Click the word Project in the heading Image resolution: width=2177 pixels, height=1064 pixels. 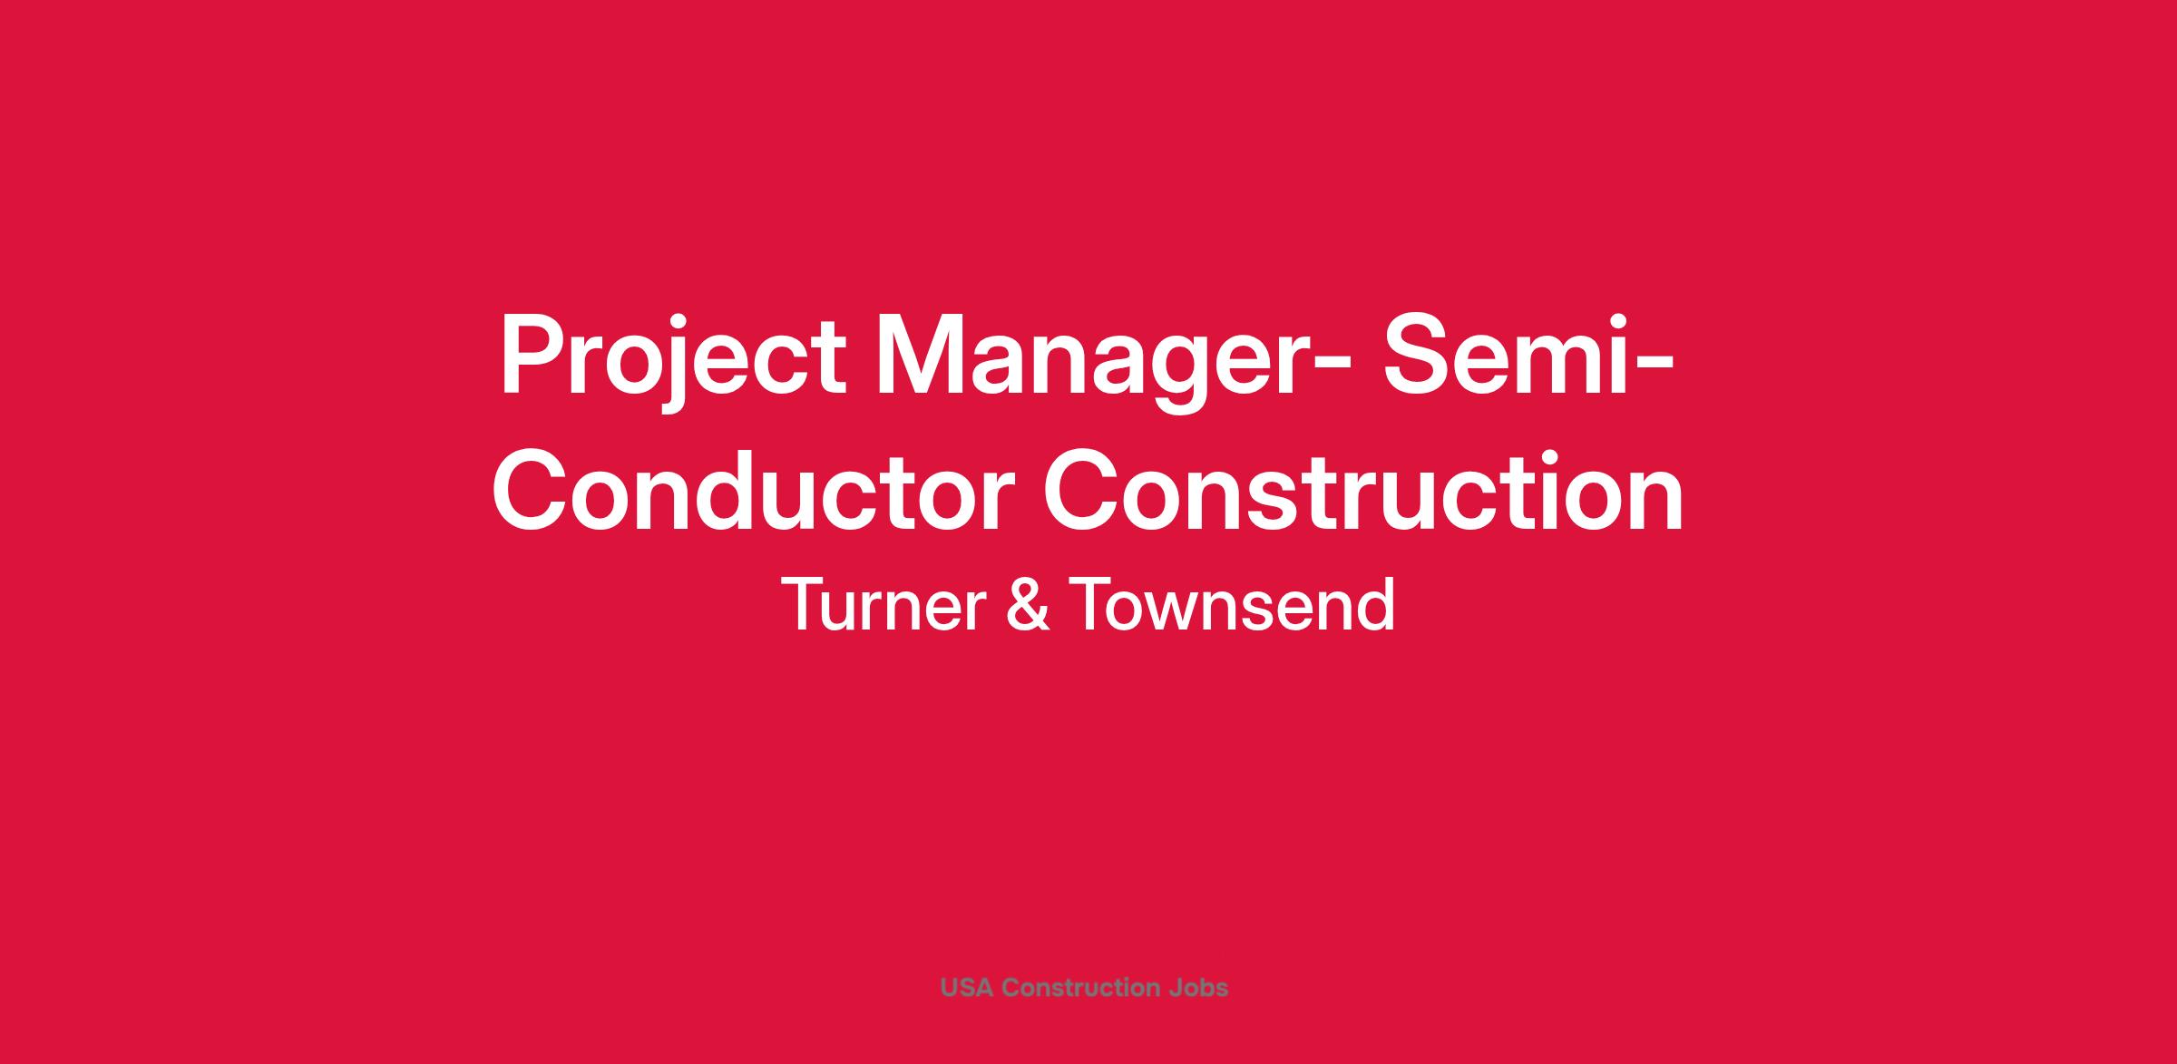click(x=672, y=356)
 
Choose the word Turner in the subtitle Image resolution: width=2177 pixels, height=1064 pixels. click(x=883, y=605)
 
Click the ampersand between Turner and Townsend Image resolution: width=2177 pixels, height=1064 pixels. click(x=1028, y=605)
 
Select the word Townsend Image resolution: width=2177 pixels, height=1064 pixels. click(x=1233, y=605)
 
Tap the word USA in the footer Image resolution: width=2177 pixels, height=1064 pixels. click(x=968, y=987)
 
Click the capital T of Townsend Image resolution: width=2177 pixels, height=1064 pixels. click(x=1095, y=605)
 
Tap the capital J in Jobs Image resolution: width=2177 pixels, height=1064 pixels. click(x=1174, y=987)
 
